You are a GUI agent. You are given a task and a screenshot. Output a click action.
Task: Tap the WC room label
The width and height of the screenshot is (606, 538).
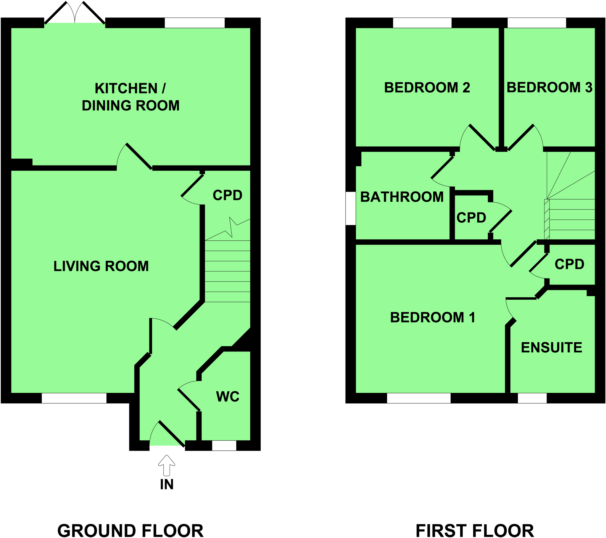coord(228,397)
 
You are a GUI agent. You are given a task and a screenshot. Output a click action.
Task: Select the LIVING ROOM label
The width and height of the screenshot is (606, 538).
coord(101,266)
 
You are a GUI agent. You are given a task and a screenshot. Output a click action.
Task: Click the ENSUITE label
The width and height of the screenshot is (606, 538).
coord(552,348)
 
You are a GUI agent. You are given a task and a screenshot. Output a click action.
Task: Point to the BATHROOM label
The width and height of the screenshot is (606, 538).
coord(402,197)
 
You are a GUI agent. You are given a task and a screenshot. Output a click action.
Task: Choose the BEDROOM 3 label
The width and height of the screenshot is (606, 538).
coord(549,88)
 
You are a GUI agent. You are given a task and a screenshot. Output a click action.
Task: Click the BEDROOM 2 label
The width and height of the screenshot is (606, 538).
coord(427,88)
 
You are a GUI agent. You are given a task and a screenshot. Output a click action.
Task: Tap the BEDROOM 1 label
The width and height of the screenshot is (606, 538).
coord(433,317)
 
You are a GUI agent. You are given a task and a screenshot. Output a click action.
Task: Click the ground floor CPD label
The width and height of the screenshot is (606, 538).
coord(228,195)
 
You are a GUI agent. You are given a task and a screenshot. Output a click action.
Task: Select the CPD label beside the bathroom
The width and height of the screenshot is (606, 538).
coord(471,218)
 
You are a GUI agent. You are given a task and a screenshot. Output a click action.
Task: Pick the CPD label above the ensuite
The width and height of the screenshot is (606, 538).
coord(569,264)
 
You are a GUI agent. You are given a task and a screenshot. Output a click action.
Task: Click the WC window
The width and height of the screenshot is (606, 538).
coord(224,446)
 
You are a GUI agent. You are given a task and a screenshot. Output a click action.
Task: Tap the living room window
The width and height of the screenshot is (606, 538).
coord(74,398)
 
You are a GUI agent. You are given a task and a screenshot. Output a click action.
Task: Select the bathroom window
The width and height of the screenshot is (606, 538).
coord(350,208)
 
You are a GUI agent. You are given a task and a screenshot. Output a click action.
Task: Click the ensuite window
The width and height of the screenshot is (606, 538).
coord(532,398)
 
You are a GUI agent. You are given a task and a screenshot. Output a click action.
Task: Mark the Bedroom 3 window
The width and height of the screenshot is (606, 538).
coord(537,23)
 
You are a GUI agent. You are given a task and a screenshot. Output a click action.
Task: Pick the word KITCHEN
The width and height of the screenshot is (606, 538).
coord(126,89)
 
